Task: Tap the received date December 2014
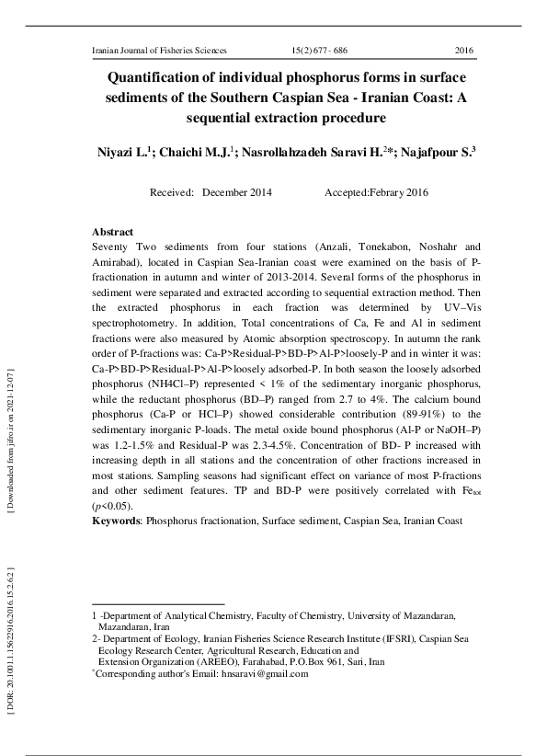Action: coord(237,194)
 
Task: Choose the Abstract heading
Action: coord(113,233)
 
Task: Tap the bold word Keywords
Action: coord(115,521)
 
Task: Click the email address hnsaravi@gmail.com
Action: coord(265,673)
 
